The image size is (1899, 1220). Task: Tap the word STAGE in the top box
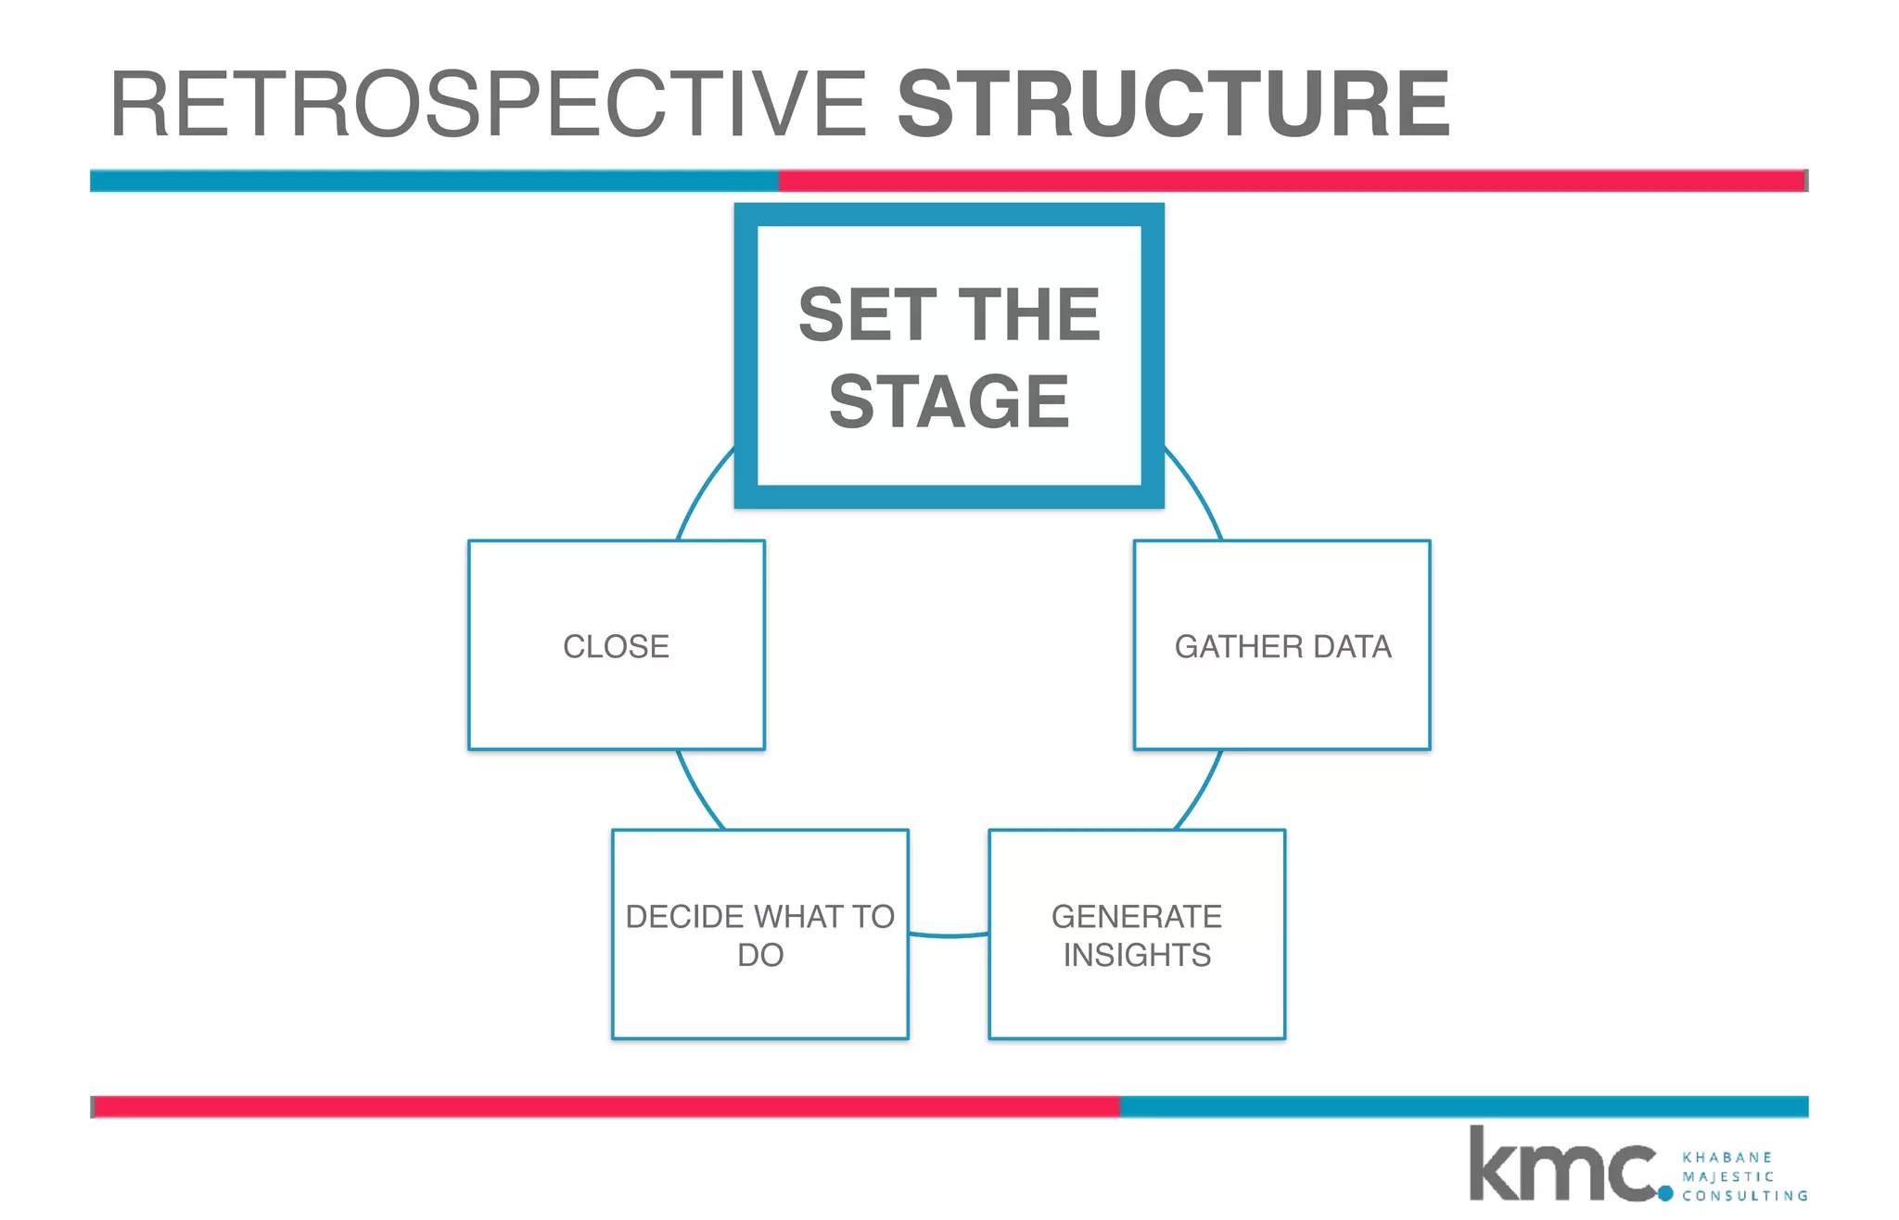pyautogui.click(x=949, y=402)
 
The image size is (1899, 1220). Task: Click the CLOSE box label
pyautogui.click(x=616, y=646)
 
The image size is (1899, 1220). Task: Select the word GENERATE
pyautogui.click(x=1136, y=916)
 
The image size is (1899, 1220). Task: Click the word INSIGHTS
pyautogui.click(x=1136, y=955)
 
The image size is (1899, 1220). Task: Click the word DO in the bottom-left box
pyautogui.click(x=760, y=955)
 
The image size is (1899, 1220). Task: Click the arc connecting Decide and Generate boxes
pyautogui.click(x=949, y=935)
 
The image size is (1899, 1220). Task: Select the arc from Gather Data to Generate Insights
pyautogui.click(x=1201, y=791)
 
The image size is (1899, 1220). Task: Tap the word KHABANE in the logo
pyautogui.click(x=1727, y=1157)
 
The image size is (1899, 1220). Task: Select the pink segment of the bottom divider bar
pyautogui.click(x=607, y=1106)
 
